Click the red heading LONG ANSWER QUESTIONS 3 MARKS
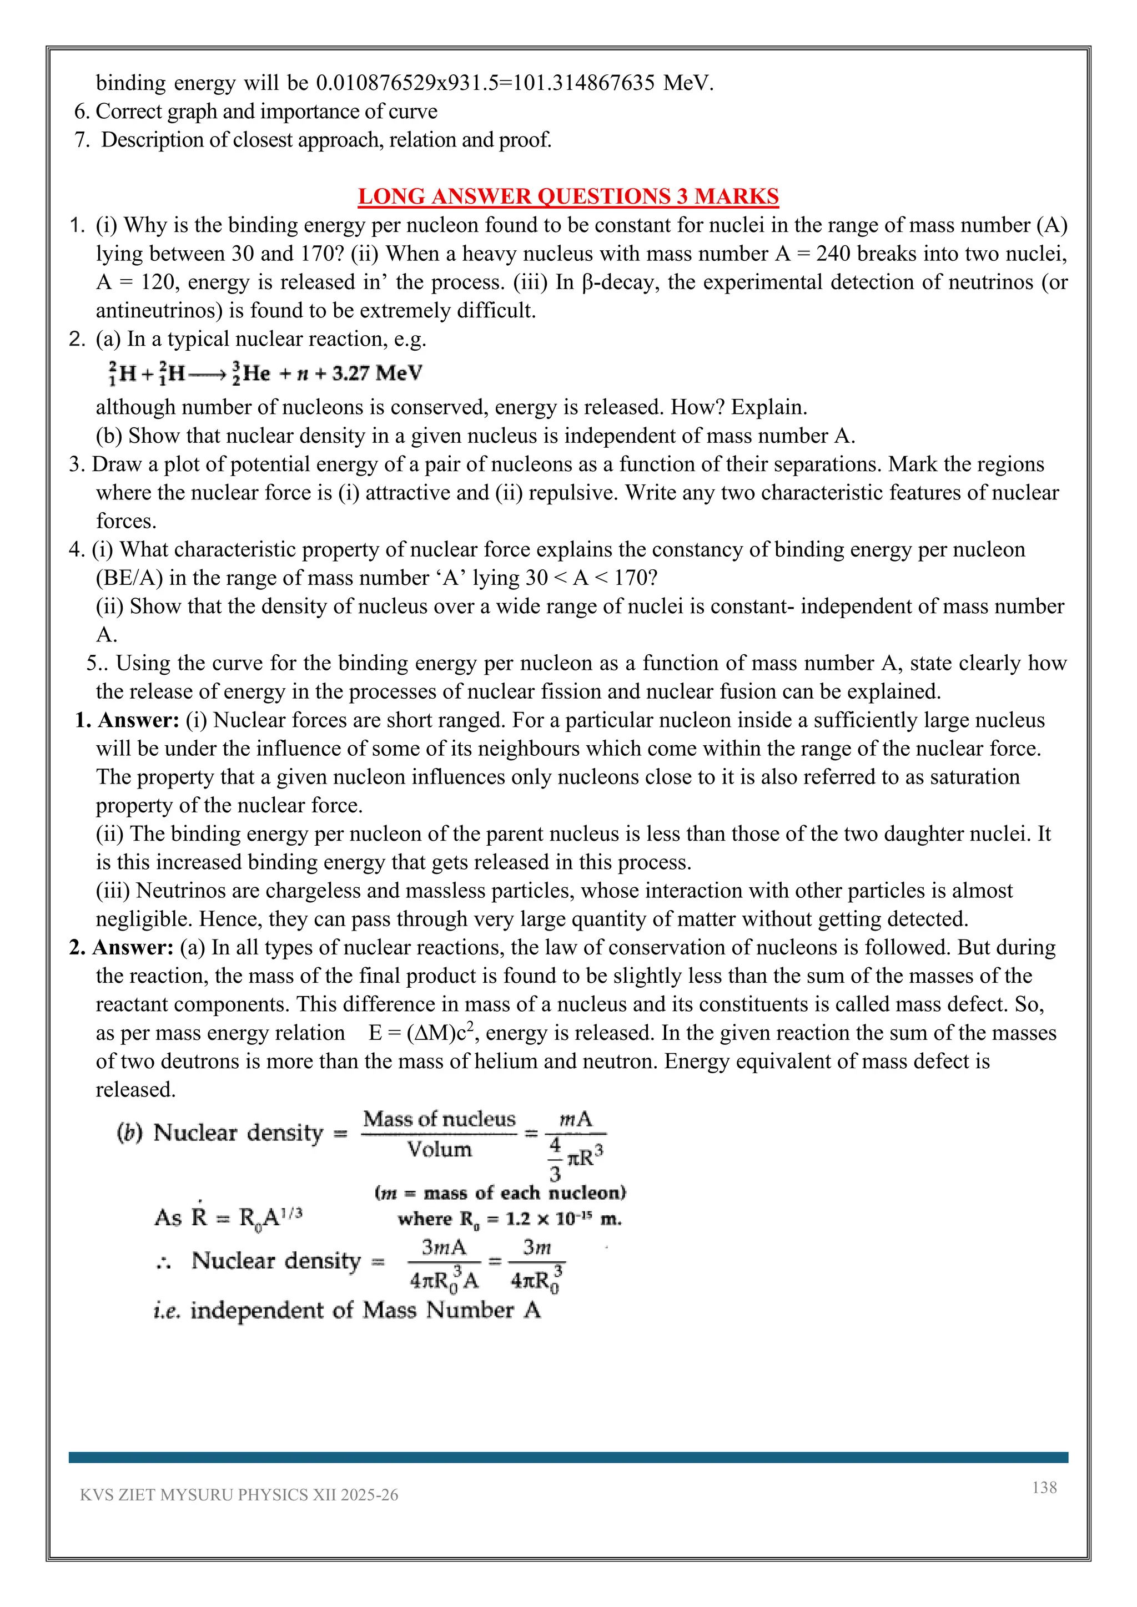[568, 196]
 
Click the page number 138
[1044, 1487]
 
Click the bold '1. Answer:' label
[127, 720]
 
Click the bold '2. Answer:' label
[121, 947]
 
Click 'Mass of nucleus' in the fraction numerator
[439, 1119]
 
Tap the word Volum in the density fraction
[439, 1149]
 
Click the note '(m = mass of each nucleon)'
[500, 1192]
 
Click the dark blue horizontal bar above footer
[568, 1457]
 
